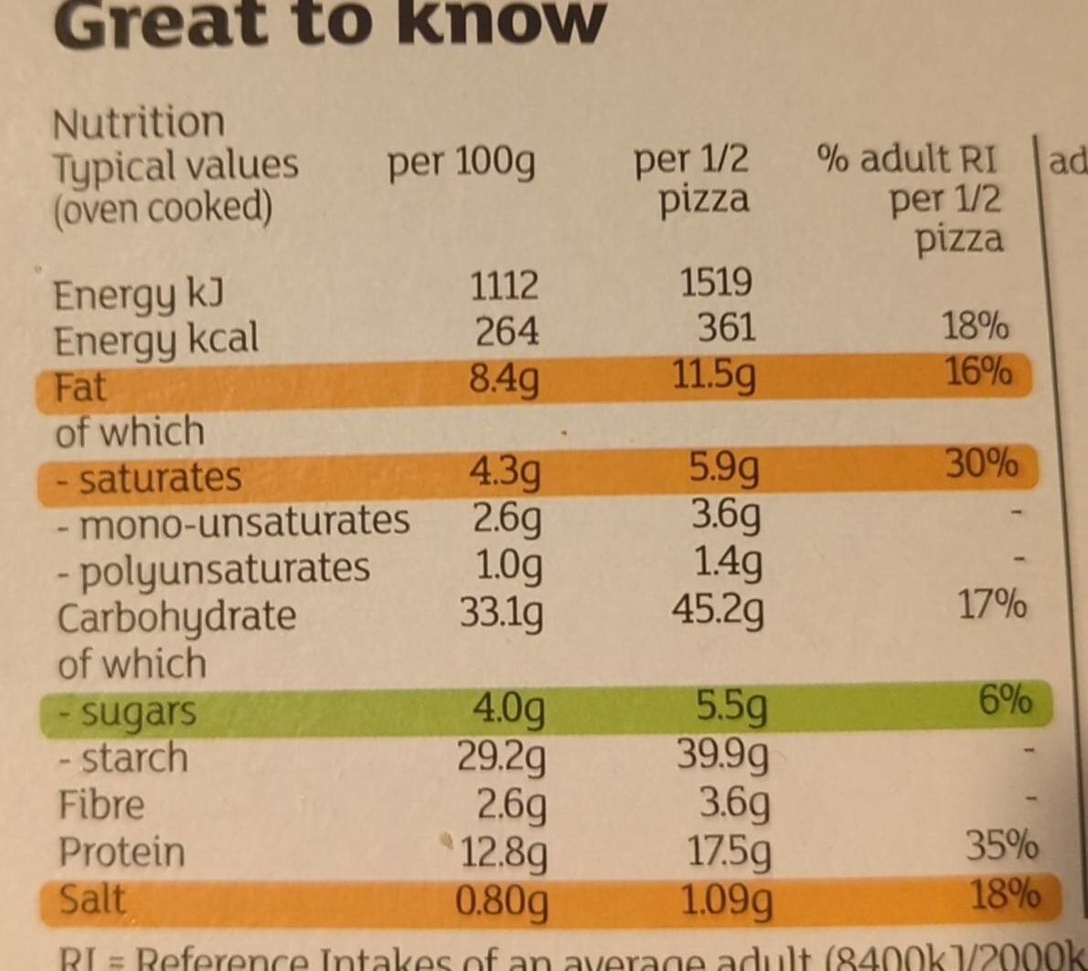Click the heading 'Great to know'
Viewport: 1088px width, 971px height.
point(329,23)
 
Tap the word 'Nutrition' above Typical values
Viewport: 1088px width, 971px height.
point(138,123)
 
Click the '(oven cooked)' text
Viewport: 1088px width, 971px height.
point(163,208)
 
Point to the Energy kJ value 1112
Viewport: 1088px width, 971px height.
point(504,286)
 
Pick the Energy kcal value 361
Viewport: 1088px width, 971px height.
point(726,327)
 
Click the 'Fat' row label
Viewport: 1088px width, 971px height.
point(80,388)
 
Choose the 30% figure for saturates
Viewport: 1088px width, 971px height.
point(981,464)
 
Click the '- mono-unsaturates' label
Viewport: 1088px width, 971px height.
point(232,522)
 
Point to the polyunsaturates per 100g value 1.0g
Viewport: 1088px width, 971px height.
point(508,566)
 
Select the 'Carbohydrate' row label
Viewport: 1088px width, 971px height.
point(176,617)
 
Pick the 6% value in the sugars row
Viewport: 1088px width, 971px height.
point(1005,700)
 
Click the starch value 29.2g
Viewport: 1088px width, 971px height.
point(502,757)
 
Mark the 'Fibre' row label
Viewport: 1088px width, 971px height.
point(101,806)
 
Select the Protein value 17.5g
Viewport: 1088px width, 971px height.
point(729,852)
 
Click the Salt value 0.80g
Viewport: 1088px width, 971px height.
point(502,902)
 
